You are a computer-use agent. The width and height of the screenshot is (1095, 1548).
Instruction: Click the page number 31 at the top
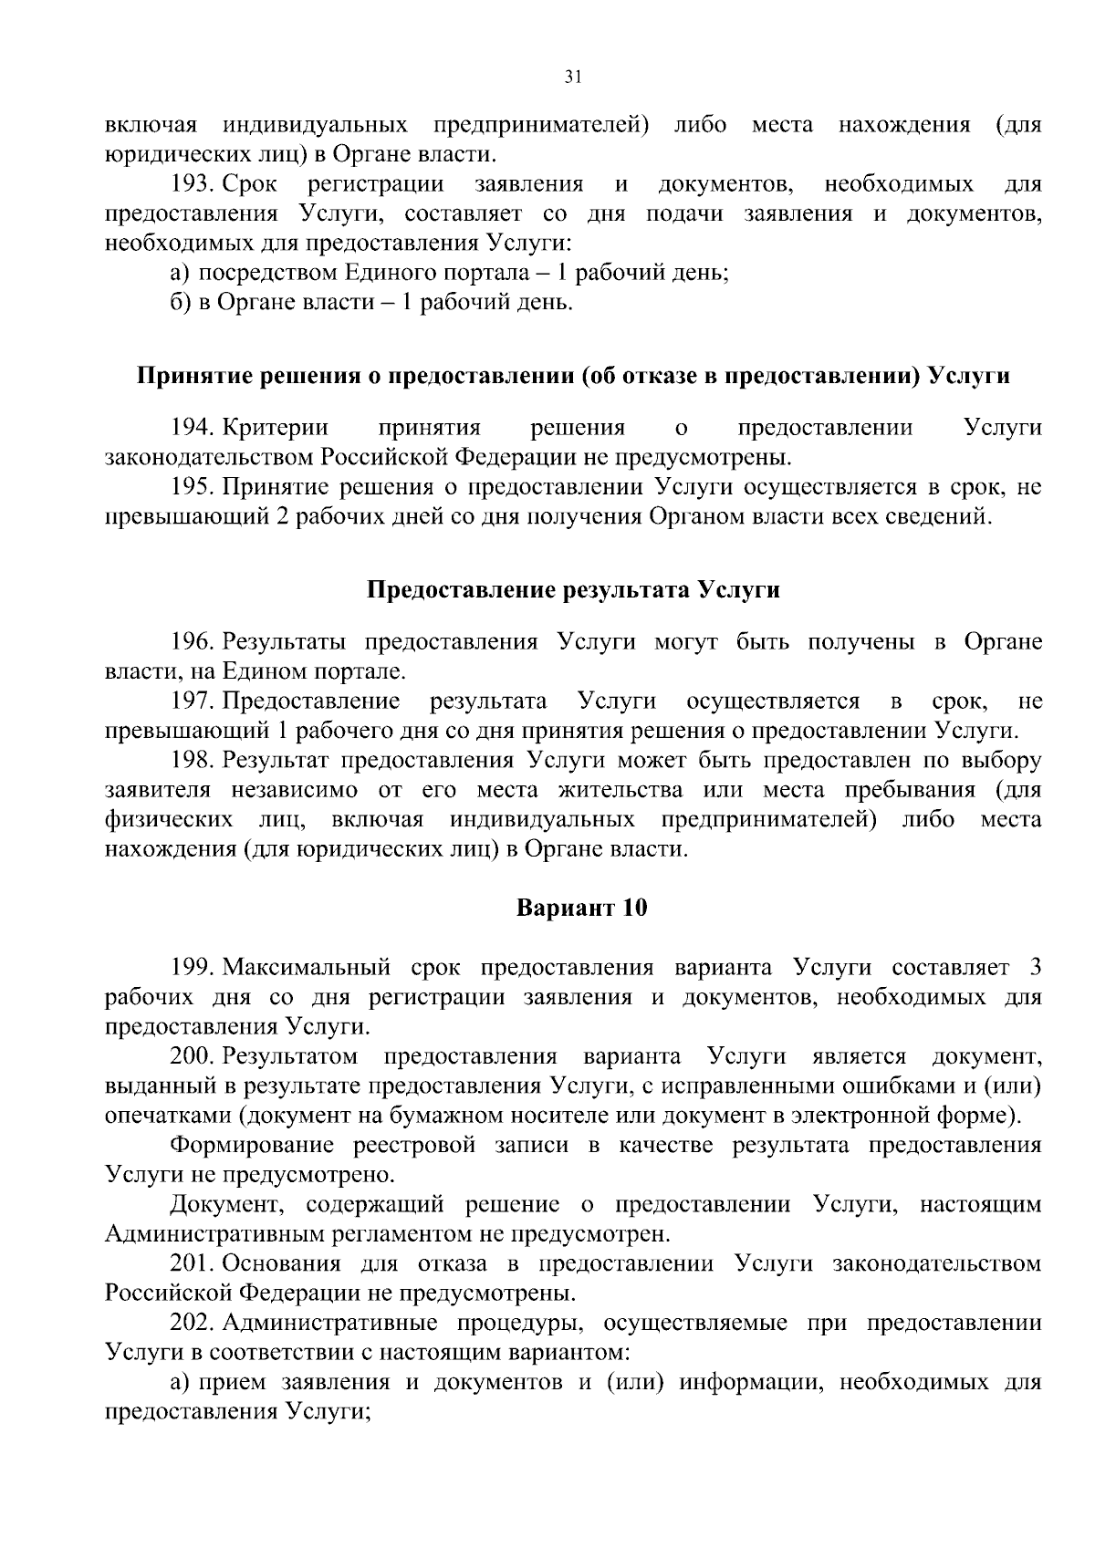[x=573, y=78]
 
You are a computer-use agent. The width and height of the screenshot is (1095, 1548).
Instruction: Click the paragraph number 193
[x=192, y=185]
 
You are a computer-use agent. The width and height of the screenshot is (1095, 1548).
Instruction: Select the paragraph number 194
[x=192, y=428]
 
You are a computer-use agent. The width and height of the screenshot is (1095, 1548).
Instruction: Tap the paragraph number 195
[x=192, y=488]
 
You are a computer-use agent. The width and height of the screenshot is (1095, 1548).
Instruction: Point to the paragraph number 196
[x=192, y=642]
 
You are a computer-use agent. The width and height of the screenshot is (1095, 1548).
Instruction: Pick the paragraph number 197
[x=192, y=701]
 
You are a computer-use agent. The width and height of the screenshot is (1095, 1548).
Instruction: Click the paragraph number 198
[x=192, y=761]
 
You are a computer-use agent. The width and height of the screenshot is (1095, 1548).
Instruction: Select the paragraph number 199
[x=192, y=967]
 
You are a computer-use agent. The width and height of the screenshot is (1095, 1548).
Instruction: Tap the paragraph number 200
[x=192, y=1057]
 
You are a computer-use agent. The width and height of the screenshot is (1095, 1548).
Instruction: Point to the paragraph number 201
[x=192, y=1264]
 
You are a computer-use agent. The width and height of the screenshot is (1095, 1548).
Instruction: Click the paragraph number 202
[x=192, y=1324]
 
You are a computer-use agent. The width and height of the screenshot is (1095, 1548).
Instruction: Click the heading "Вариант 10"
[x=582, y=909]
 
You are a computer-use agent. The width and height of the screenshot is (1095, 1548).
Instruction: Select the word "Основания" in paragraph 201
[x=279, y=1264]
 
